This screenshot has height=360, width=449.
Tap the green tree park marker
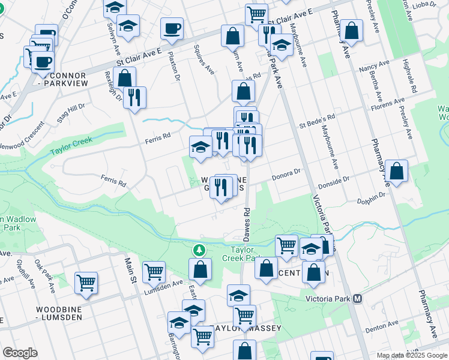199,249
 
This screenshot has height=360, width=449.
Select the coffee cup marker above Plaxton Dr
172,29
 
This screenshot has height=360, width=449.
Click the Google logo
20,353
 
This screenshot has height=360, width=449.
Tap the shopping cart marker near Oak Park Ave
86,282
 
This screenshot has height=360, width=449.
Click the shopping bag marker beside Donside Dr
397,171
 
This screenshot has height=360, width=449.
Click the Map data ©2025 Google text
411,355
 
